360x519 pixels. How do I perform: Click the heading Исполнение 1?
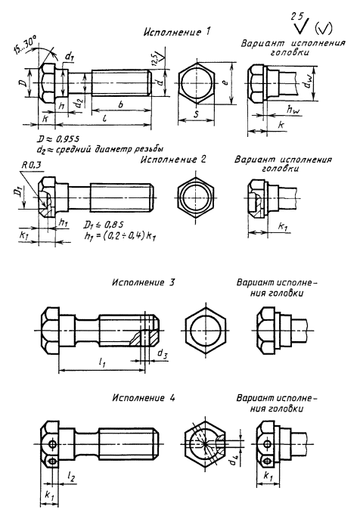pyautogui.click(x=177, y=32)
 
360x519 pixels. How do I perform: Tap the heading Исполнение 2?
pyautogui.click(x=173, y=160)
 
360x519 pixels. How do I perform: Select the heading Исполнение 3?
pyautogui.click(x=143, y=283)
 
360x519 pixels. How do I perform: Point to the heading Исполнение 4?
pyautogui.click(x=143, y=397)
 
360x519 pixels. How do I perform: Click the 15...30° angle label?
pyautogui.click(x=26, y=46)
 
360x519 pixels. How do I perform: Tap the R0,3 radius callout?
pyautogui.click(x=31, y=165)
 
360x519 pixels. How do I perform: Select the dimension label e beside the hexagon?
pyautogui.click(x=225, y=82)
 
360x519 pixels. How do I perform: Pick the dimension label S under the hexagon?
pyautogui.click(x=196, y=115)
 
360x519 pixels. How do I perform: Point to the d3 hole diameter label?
pyautogui.click(x=163, y=353)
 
